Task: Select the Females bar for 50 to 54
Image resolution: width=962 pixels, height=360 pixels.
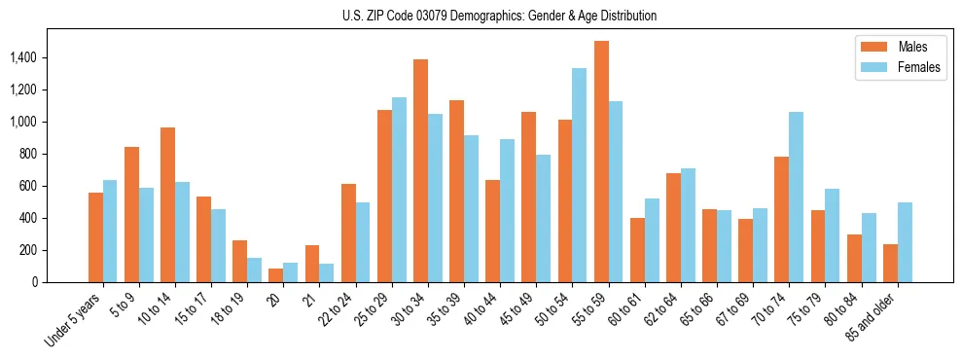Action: point(579,175)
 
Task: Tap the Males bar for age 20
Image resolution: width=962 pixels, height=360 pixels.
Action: point(276,275)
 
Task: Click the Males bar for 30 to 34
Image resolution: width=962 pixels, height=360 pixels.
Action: point(420,170)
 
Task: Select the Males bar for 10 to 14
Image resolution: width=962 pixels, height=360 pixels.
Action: point(167,204)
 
